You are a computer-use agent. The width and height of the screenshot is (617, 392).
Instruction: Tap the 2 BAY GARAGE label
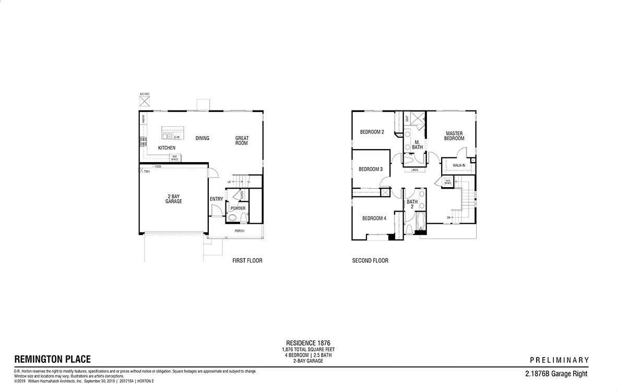pos(174,199)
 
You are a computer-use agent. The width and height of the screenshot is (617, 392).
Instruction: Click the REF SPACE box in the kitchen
pos(175,158)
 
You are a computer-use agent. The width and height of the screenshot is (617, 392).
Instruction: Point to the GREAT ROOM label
pos(242,141)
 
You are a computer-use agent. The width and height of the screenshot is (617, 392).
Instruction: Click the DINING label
pos(203,138)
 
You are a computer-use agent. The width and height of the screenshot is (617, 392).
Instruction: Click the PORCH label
pos(240,231)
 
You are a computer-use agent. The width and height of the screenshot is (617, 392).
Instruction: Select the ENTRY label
pos(216,199)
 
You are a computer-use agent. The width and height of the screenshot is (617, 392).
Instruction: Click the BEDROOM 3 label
pos(371,169)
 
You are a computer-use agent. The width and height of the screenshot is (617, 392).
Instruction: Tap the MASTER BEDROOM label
pos(454,136)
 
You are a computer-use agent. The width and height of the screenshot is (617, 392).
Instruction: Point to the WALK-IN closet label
pos(459,165)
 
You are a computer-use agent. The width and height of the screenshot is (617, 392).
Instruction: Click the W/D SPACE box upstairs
pos(448,181)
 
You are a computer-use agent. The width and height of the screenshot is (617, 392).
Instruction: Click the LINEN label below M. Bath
pos(414,170)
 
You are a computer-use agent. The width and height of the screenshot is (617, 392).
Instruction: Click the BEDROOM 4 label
pos(374,218)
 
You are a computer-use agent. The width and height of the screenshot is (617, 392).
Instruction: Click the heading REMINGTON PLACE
pos(52,359)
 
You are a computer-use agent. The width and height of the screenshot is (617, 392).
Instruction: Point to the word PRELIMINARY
pos(559,360)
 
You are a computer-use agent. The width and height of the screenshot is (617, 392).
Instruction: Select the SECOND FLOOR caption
pos(370,261)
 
